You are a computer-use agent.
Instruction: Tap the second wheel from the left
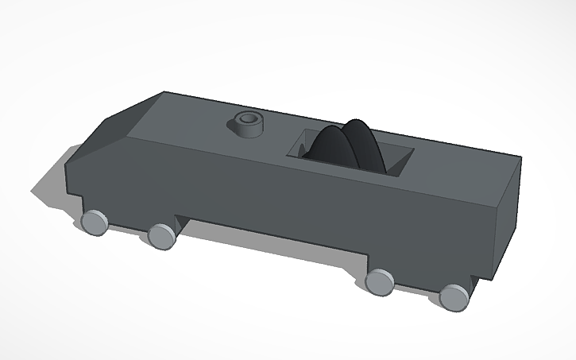(161, 235)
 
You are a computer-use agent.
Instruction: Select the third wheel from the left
(380, 281)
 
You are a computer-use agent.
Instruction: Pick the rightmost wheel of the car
(454, 296)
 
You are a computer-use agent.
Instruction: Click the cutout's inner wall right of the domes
(397, 159)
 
